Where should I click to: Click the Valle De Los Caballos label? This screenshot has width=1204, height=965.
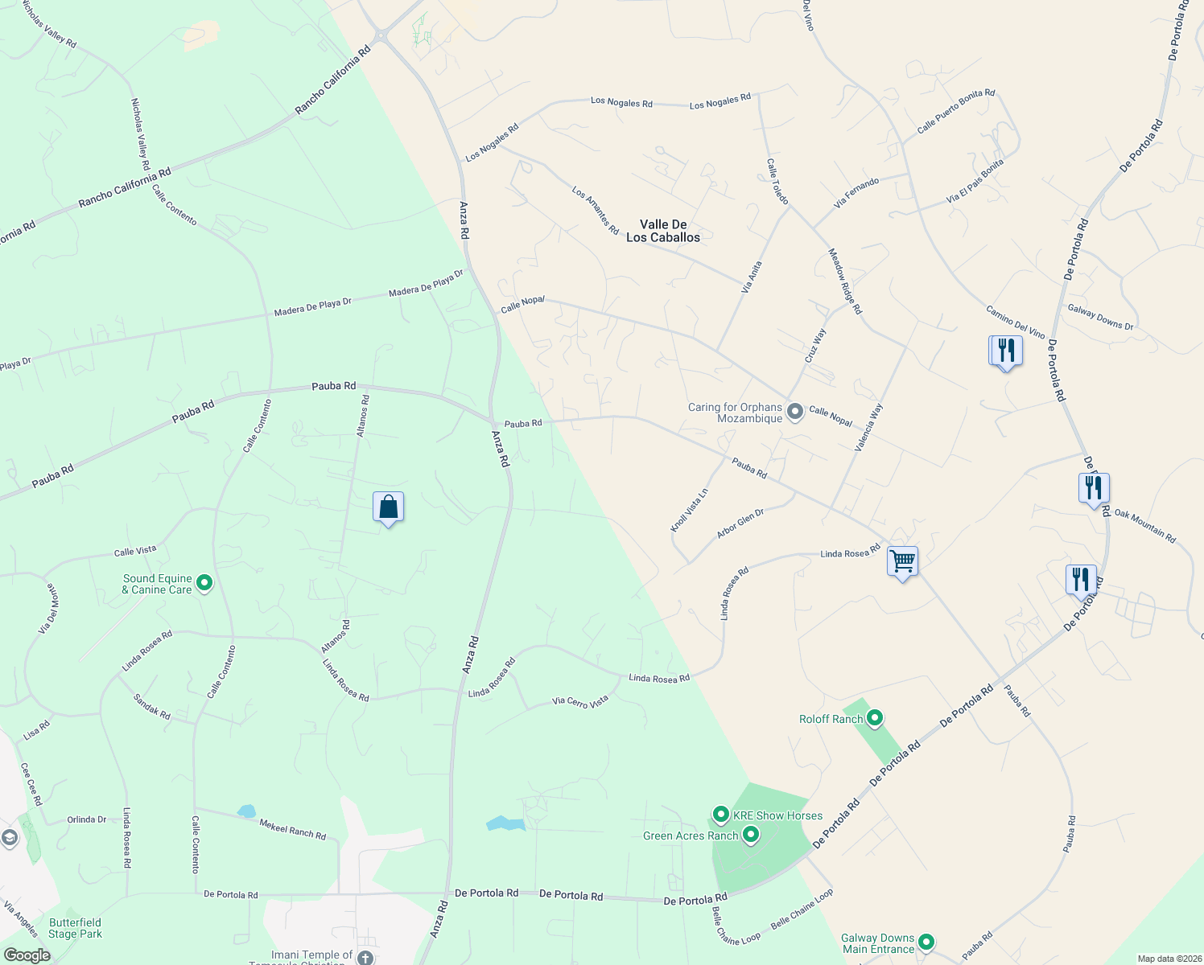(x=663, y=231)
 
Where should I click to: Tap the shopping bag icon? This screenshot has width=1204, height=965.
(x=388, y=507)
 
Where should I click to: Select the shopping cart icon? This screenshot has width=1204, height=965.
(x=902, y=561)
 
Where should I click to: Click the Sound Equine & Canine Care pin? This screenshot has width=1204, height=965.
(x=204, y=583)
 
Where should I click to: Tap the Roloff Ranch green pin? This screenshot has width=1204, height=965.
(x=875, y=718)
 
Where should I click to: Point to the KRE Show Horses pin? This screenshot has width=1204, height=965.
(x=721, y=815)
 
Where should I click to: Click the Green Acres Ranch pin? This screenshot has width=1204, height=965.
(x=751, y=835)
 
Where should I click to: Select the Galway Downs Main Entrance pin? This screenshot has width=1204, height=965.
(x=926, y=942)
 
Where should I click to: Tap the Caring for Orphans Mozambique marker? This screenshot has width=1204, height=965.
(x=795, y=413)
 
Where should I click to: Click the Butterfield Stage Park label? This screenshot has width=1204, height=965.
(x=75, y=928)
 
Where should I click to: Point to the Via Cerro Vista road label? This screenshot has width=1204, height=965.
(x=580, y=701)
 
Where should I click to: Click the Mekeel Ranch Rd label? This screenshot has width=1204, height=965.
(x=293, y=829)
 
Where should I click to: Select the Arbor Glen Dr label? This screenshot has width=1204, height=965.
(x=740, y=524)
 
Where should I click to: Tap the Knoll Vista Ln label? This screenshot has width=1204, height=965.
(x=690, y=510)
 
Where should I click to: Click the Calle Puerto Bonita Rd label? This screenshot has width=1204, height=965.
(x=956, y=112)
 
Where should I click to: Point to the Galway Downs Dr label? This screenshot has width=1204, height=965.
(x=1100, y=317)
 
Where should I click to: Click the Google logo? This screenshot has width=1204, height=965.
(x=27, y=955)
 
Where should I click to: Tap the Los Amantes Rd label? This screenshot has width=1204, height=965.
(x=596, y=211)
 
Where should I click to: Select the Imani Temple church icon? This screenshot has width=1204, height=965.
(x=365, y=958)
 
